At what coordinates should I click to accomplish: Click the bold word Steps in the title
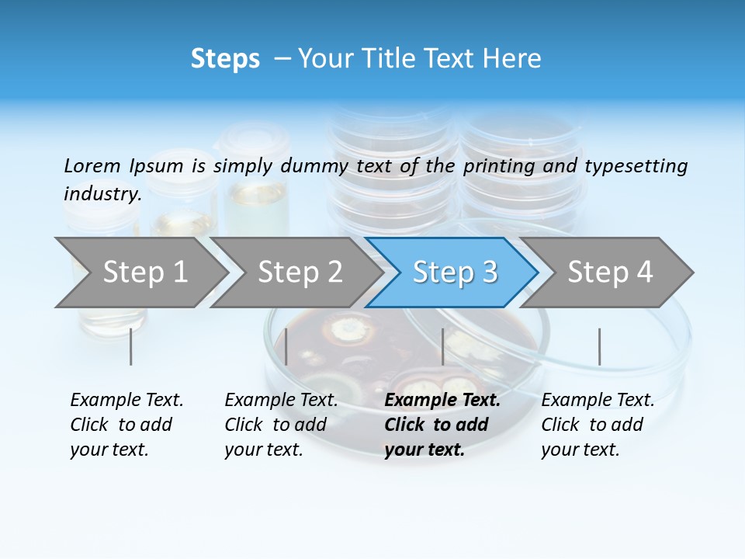tap(225, 59)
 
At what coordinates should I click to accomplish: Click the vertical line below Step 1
tap(131, 346)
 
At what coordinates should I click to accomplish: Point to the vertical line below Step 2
tap(286, 346)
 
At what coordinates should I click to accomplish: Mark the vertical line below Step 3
tap(442, 346)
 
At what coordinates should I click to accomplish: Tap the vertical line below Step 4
tap(599, 346)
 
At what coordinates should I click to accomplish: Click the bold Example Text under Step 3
tap(442, 401)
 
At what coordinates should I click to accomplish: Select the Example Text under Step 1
tap(126, 401)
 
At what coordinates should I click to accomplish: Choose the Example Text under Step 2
tap(281, 401)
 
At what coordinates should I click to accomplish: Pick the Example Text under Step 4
tap(598, 401)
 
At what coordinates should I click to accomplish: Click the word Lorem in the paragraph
tap(92, 166)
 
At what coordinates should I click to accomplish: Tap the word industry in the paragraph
tap(102, 194)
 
